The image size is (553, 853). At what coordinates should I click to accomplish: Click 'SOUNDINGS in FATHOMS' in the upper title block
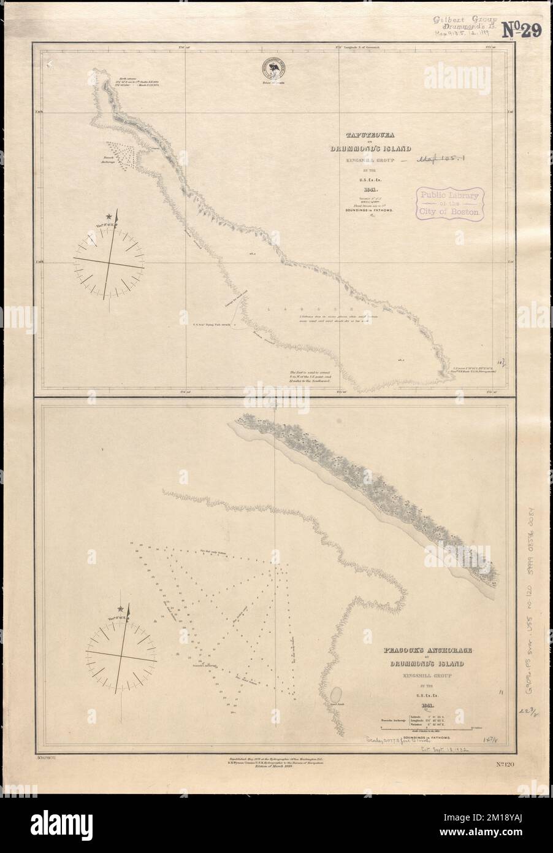tap(368, 210)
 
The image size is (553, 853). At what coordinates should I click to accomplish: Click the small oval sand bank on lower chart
tap(337, 694)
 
